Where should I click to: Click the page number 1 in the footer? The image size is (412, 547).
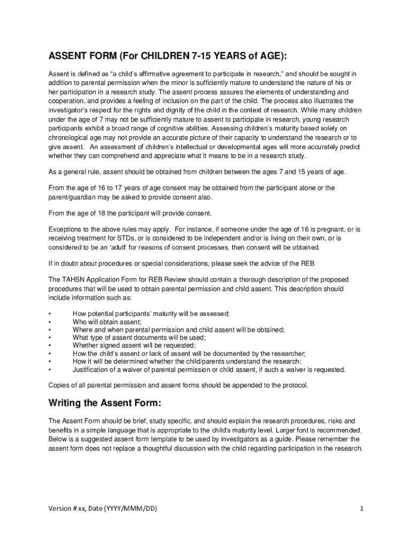tap(362, 508)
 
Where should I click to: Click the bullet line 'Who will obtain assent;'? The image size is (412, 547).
tap(107, 322)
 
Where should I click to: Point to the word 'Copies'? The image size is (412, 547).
tap(59, 385)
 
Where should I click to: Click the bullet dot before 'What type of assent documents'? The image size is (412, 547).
tap(50, 338)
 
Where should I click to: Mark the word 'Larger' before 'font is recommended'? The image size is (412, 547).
tap(292, 430)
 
